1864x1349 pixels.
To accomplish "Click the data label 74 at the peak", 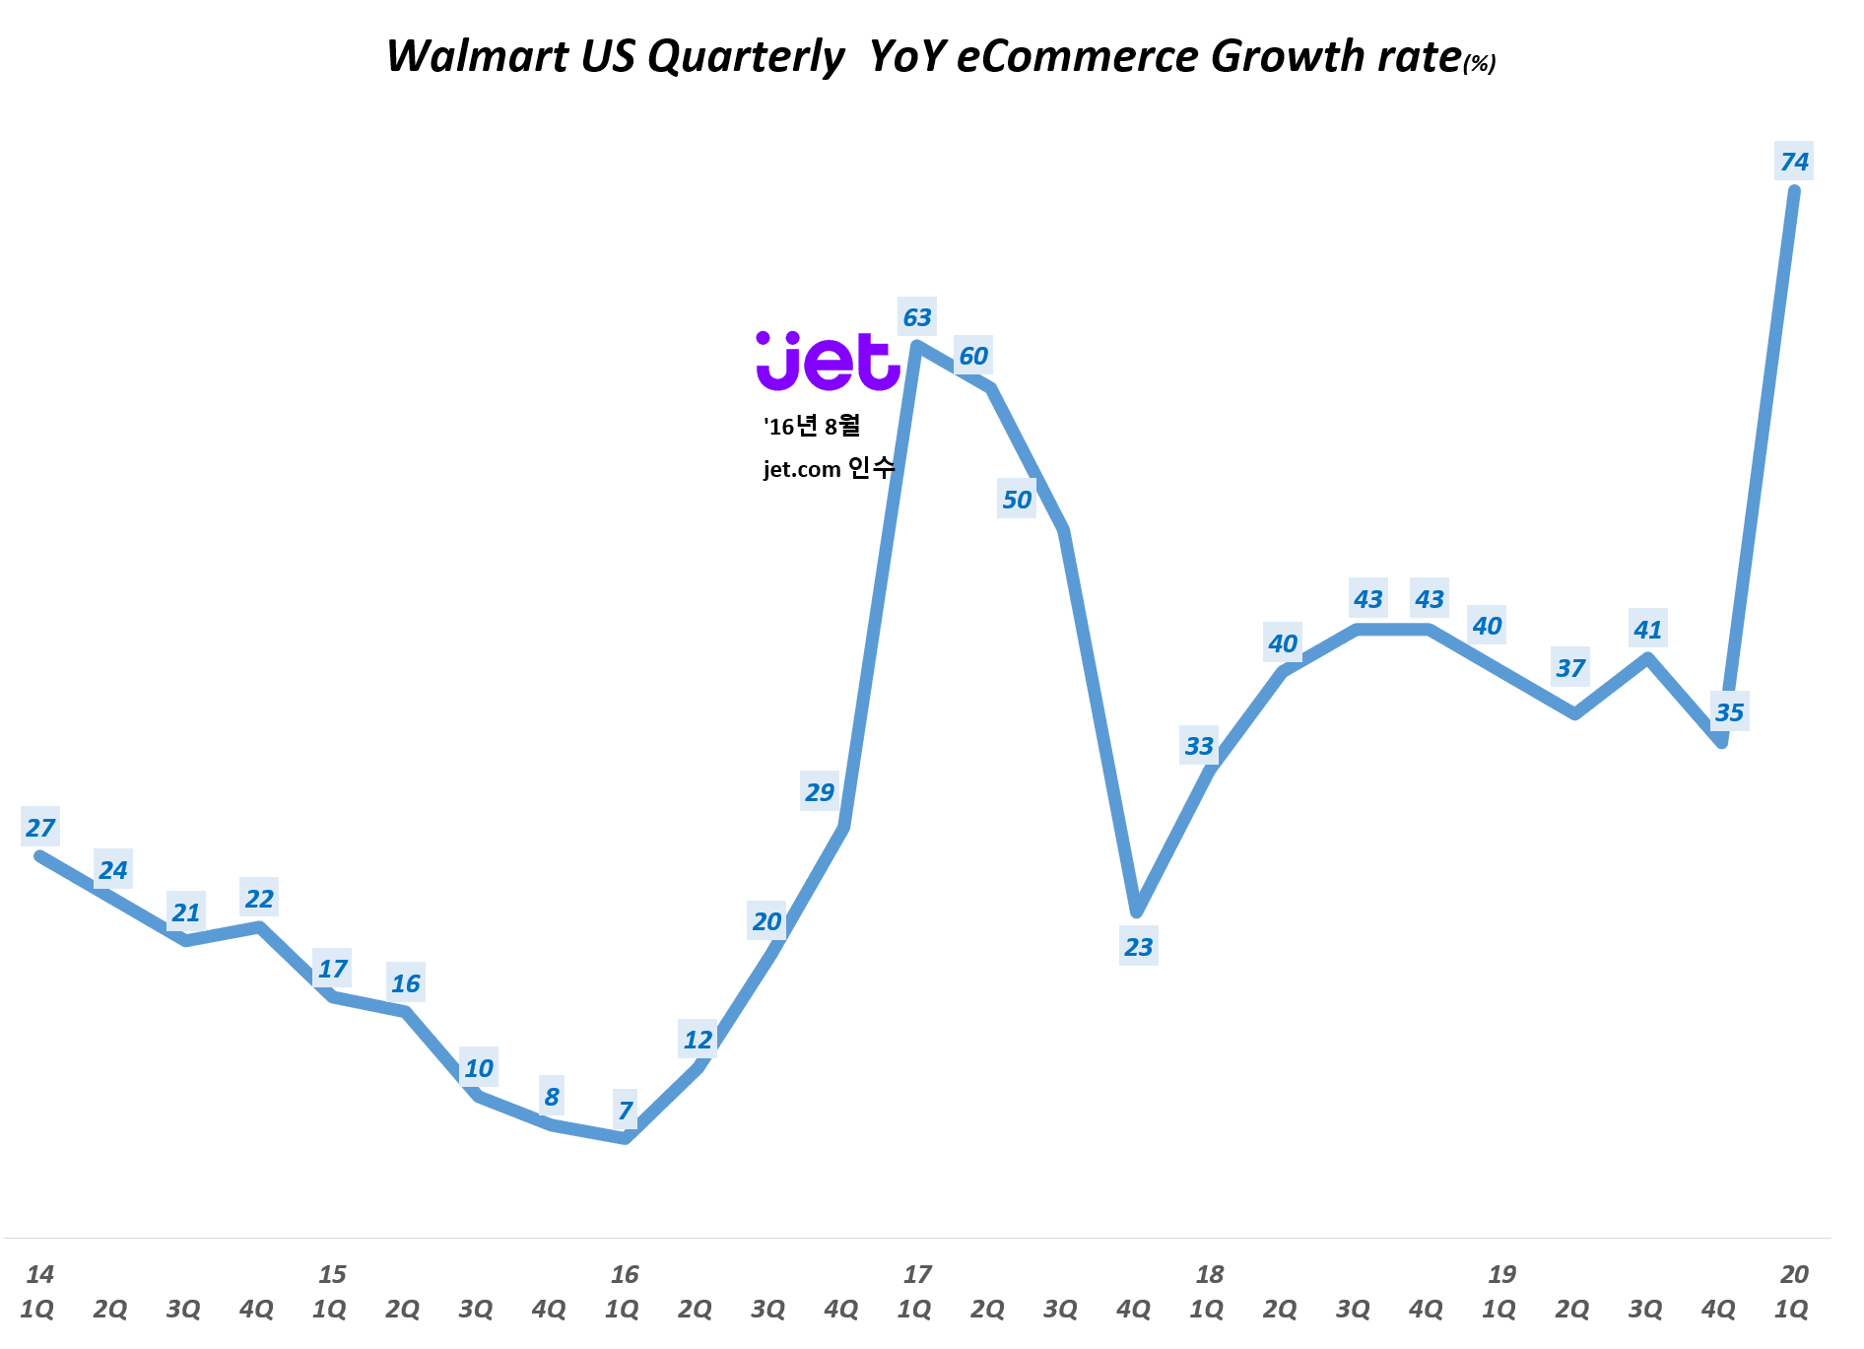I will click(1794, 162).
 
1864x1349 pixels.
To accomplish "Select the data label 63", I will click(916, 317).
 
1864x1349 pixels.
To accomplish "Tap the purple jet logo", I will click(828, 362).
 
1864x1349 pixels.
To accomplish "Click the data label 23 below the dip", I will click(1138, 947).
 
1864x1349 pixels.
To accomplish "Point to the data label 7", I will click(626, 1111).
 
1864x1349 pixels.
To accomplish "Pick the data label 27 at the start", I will click(40, 828).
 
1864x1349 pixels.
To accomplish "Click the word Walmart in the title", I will click(477, 56).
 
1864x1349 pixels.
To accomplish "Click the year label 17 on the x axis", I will click(917, 1274).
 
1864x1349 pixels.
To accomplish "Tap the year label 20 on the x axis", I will click(1794, 1274).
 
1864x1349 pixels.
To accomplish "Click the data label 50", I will click(1017, 500).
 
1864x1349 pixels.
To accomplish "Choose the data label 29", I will click(820, 792).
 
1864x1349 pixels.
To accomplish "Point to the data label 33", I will click(1199, 746).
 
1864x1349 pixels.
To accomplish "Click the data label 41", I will click(1647, 630).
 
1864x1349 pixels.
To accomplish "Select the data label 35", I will click(1729, 712).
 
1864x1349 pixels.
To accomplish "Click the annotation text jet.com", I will click(802, 469).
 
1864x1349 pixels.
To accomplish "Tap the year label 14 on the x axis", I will click(40, 1274).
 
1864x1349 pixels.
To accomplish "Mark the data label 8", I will click(552, 1097).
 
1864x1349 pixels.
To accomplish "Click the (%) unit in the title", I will click(1480, 64).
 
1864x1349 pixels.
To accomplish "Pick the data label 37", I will click(1570, 668).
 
